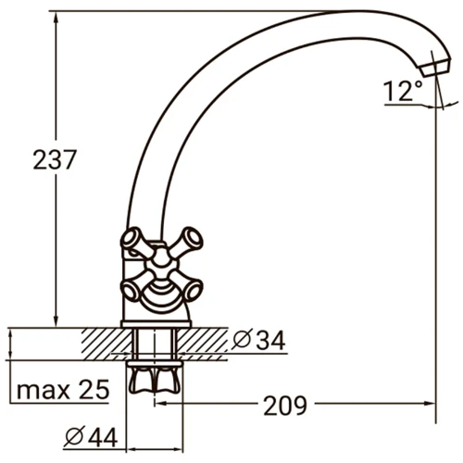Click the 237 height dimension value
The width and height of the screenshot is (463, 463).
[x=54, y=159]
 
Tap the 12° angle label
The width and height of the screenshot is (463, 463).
[x=403, y=91]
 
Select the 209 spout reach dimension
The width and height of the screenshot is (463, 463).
[x=285, y=406]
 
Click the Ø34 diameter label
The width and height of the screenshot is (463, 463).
[x=259, y=340]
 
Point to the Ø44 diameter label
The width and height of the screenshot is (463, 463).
[x=92, y=437]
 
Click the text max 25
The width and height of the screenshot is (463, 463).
[x=63, y=390]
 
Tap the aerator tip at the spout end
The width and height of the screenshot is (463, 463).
[x=435, y=68]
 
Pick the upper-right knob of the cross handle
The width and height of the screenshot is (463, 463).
[x=192, y=238]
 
